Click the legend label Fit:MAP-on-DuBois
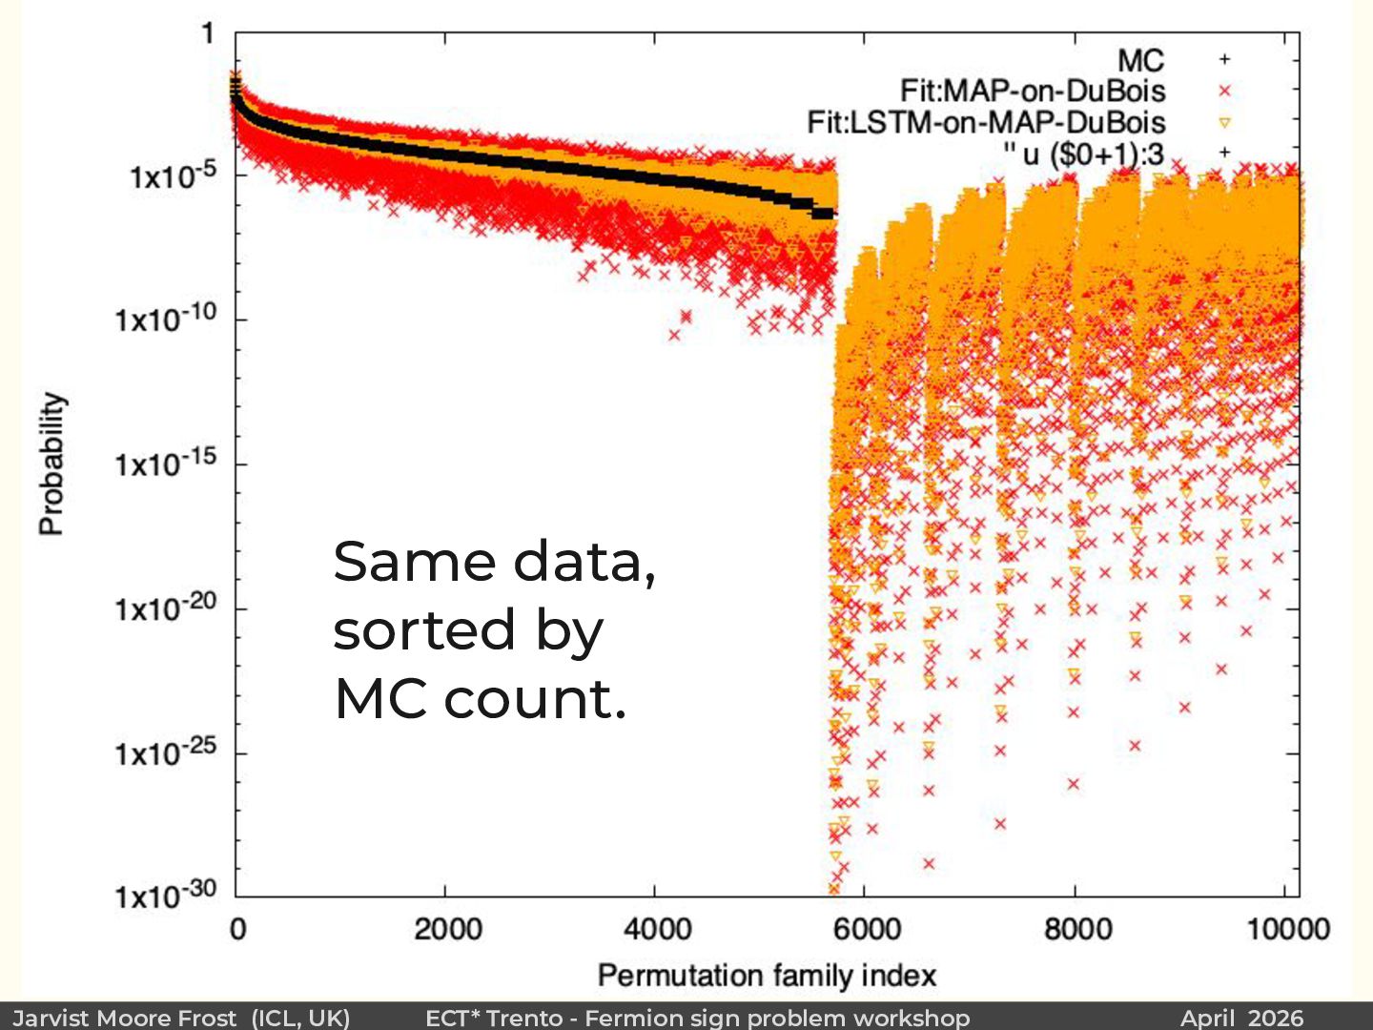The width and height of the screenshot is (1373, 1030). click(x=1033, y=91)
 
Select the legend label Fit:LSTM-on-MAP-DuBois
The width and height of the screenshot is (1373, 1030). click(x=986, y=122)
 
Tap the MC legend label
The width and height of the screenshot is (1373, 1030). click(x=1140, y=60)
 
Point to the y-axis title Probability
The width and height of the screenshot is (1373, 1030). click(x=51, y=463)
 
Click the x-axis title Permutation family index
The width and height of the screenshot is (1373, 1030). click(x=767, y=976)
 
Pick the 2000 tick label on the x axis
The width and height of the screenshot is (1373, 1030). click(x=446, y=929)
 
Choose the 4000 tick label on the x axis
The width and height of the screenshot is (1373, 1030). click(x=656, y=929)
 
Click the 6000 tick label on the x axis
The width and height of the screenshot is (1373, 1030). click(x=866, y=929)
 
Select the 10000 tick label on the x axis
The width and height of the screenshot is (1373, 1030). click(x=1287, y=929)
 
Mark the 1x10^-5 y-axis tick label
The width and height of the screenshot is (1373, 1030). click(x=173, y=175)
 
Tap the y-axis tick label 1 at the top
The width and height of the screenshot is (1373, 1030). click(x=208, y=34)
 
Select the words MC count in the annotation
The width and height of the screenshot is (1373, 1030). click(x=479, y=699)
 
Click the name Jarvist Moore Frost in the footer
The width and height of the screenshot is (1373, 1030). click(x=125, y=1018)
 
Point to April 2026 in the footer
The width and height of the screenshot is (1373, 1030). click(x=1241, y=1018)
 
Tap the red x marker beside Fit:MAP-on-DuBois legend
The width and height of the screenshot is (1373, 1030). click(x=1225, y=91)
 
